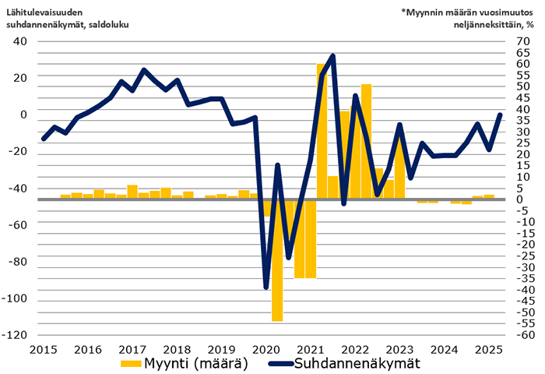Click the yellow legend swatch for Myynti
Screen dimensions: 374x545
129,364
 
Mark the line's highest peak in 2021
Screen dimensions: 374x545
333,56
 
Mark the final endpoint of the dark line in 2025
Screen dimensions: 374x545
500,115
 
